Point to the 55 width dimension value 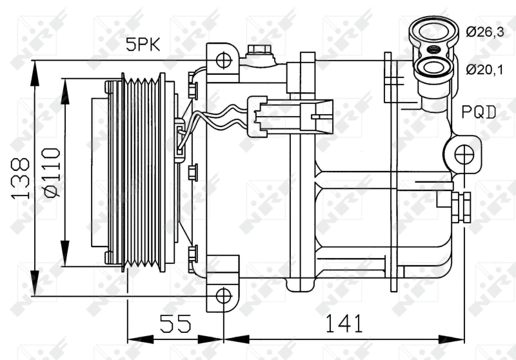(x=175, y=323)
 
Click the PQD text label (x=479, y=113)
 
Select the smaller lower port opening (x=431, y=67)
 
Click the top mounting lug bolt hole (x=223, y=61)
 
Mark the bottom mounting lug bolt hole (x=223, y=296)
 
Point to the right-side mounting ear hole (x=464, y=155)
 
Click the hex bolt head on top (x=259, y=50)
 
